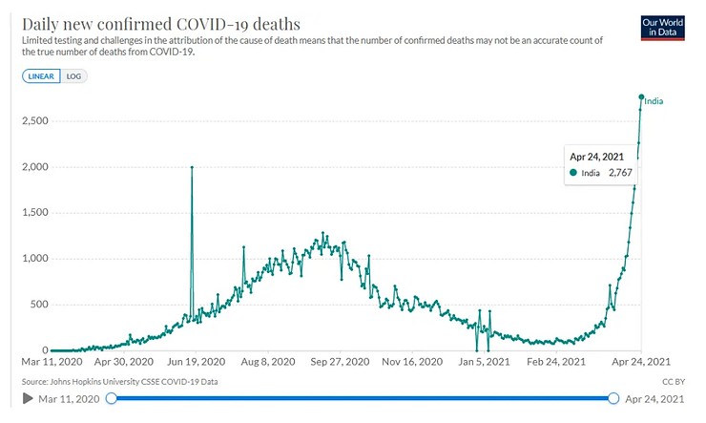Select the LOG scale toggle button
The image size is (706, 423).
73,76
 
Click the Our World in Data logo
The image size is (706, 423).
667,27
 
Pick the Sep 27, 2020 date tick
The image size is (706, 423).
341,363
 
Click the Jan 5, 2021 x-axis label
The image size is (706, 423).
482,363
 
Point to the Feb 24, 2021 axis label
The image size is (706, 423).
553,363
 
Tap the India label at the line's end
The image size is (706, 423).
654,101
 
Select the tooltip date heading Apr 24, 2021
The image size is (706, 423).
596,155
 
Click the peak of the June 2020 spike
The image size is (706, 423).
192,167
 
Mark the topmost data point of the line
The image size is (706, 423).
641,96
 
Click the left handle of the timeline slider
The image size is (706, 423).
112,398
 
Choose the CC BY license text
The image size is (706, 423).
673,380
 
